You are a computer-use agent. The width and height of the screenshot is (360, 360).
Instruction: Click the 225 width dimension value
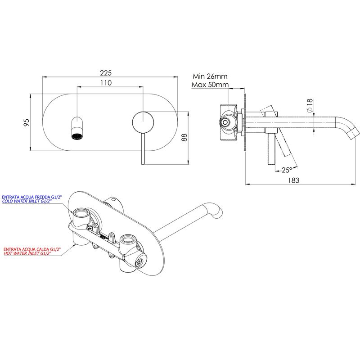coord(106,73)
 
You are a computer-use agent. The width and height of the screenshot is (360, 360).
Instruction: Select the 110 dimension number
coord(106,83)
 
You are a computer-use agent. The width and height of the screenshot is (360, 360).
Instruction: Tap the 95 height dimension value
coord(27,122)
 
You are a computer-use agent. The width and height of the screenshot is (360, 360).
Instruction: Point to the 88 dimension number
coord(184,137)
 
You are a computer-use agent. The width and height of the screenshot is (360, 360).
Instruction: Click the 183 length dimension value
coord(294,180)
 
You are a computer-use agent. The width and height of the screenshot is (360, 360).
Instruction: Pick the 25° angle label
coord(287,170)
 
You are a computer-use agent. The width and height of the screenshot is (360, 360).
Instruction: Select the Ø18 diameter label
coord(310,105)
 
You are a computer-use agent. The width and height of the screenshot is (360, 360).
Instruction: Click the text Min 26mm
coord(210,76)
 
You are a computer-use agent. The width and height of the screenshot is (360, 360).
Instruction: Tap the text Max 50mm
coord(210,85)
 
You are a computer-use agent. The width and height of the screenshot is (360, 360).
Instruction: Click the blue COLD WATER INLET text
coord(27,201)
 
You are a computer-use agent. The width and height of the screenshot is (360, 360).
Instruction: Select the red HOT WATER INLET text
coord(27,253)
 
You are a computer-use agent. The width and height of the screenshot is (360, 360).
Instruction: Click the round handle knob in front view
coord(143,122)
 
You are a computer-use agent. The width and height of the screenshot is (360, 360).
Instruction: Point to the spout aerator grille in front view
coord(77,136)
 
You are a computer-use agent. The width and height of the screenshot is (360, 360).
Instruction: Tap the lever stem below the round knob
coord(143,148)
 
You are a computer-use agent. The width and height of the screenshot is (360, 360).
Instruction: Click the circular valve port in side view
coord(225,122)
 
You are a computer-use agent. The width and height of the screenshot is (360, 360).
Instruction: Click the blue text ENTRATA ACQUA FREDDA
coord(32,197)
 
